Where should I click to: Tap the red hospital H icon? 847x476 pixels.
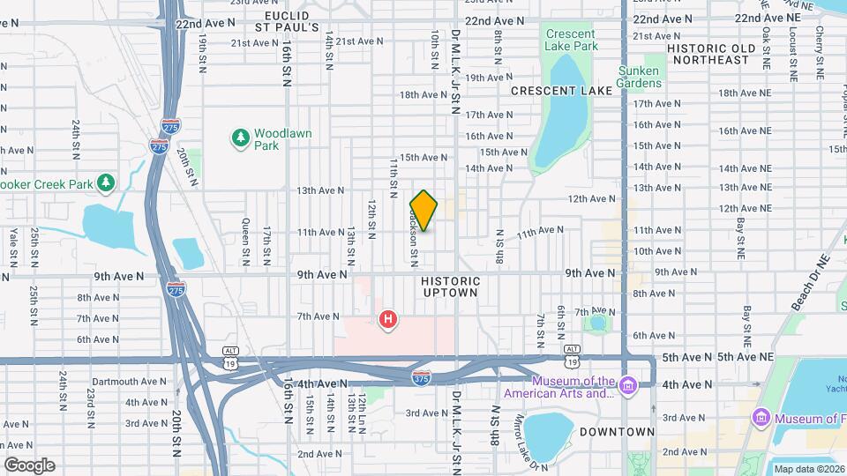click(x=386, y=319)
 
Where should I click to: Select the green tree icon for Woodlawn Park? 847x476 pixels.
click(x=240, y=138)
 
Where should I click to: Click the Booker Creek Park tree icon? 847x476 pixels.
click(x=106, y=182)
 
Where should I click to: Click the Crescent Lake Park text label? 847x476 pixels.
click(x=572, y=40)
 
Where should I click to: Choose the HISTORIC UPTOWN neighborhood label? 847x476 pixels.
click(x=451, y=286)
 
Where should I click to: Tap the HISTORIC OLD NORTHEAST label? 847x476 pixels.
click(x=711, y=54)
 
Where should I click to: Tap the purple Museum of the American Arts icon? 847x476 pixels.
click(x=627, y=385)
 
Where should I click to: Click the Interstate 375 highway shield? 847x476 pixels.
click(x=422, y=377)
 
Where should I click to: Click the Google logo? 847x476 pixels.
click(x=29, y=465)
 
